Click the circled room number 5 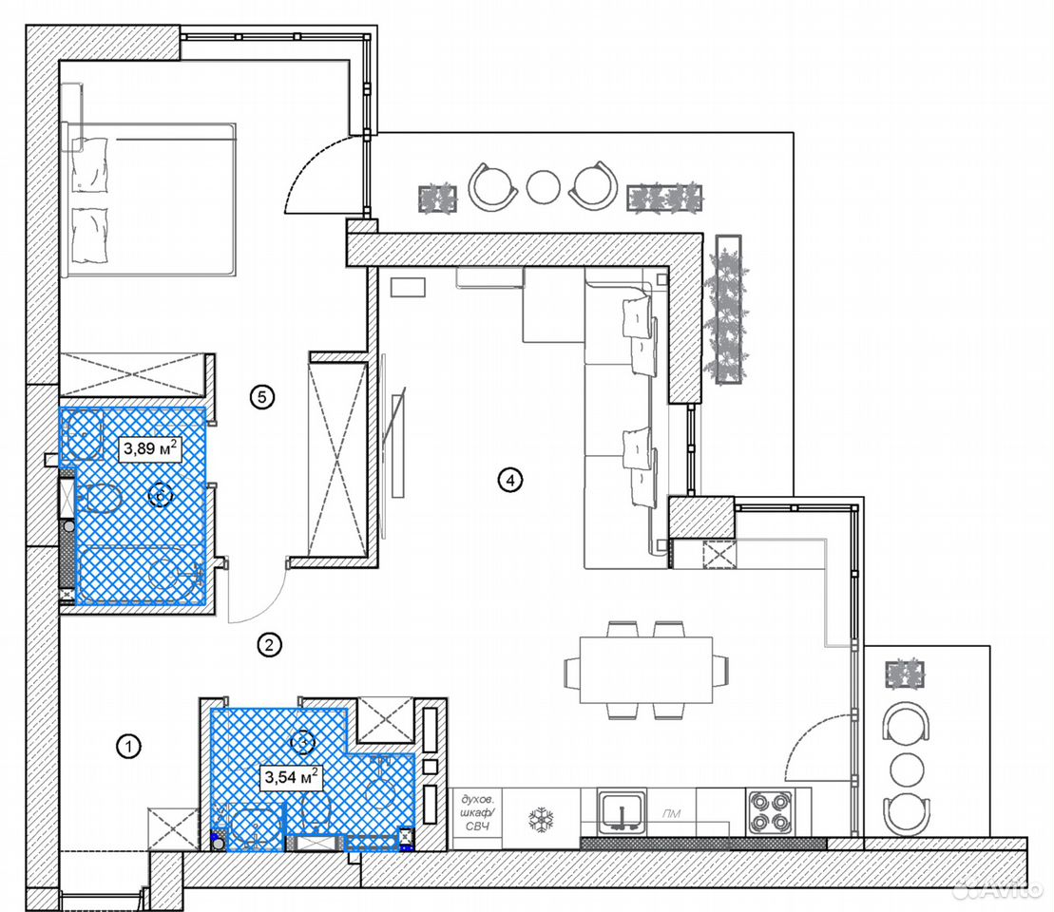click(x=262, y=397)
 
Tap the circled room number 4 click(x=510, y=480)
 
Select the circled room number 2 click(x=270, y=645)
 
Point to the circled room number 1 click(x=128, y=746)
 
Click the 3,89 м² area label click(x=150, y=448)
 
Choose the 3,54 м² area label click(x=291, y=778)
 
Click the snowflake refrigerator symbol click(x=541, y=819)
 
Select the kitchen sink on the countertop click(x=623, y=813)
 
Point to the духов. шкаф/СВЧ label click(x=477, y=812)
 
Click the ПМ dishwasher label click(x=672, y=814)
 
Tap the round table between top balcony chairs click(x=543, y=187)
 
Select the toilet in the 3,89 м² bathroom click(x=99, y=498)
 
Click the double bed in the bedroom click(x=148, y=199)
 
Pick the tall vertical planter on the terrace click(x=729, y=309)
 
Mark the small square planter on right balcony click(x=905, y=674)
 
